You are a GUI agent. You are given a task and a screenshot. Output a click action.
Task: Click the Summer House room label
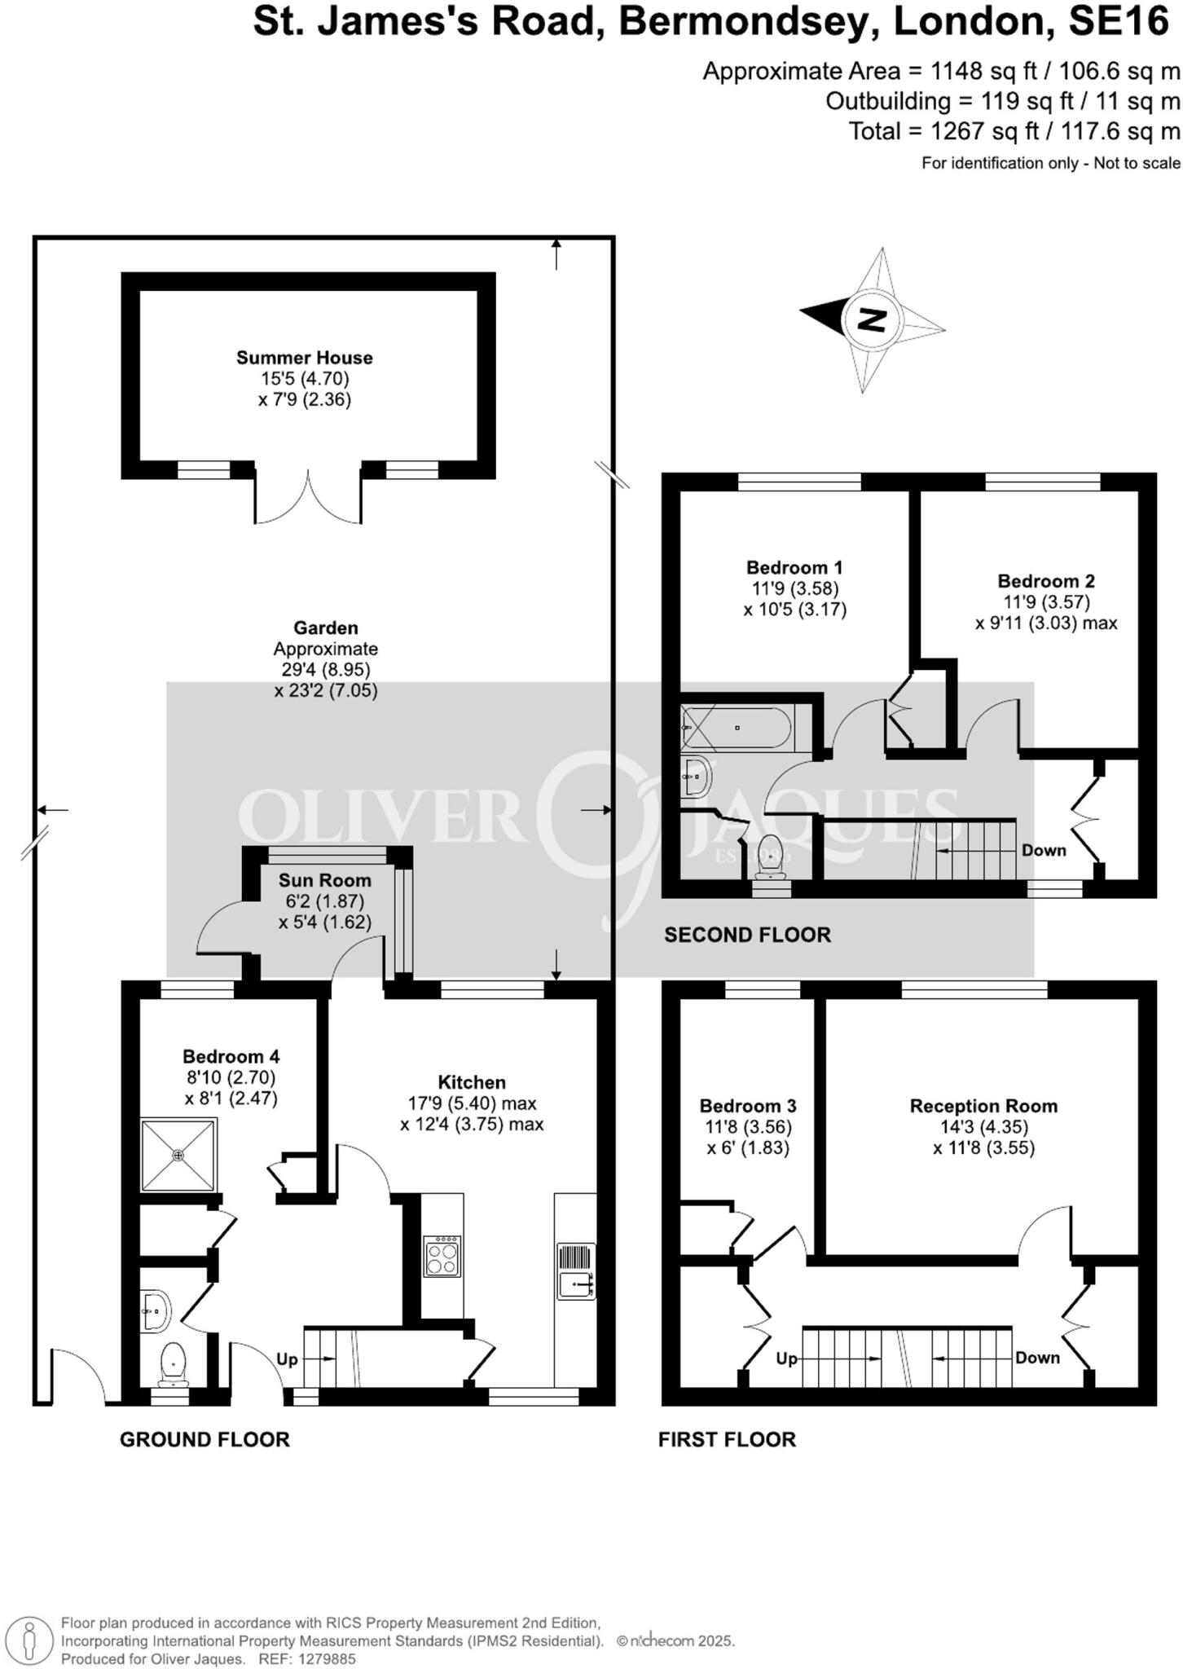coord(305,357)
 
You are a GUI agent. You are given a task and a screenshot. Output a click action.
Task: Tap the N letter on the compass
coord(872,319)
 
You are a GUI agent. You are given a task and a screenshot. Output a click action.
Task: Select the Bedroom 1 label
coord(794,567)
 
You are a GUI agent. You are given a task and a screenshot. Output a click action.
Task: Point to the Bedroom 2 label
coord(1046,581)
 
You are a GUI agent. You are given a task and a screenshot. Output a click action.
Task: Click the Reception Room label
coord(983,1106)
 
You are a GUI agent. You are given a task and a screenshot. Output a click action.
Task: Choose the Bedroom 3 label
coord(748,1106)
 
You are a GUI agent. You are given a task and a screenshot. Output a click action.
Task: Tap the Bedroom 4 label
coord(231,1056)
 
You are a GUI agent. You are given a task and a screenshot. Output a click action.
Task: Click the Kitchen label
coord(472,1082)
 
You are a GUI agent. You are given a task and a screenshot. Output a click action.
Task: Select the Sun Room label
coord(325,880)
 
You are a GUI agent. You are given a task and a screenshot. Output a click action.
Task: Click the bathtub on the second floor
coord(736,728)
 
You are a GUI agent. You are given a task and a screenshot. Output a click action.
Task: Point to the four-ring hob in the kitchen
coord(442,1256)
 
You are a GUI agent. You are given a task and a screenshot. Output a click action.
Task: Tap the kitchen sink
coord(577,1270)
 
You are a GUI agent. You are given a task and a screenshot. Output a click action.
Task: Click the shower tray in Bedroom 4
coord(179,1156)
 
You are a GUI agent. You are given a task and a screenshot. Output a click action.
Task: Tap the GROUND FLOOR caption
coord(204,1439)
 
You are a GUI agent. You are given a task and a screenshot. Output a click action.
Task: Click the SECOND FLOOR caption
coord(747,935)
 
